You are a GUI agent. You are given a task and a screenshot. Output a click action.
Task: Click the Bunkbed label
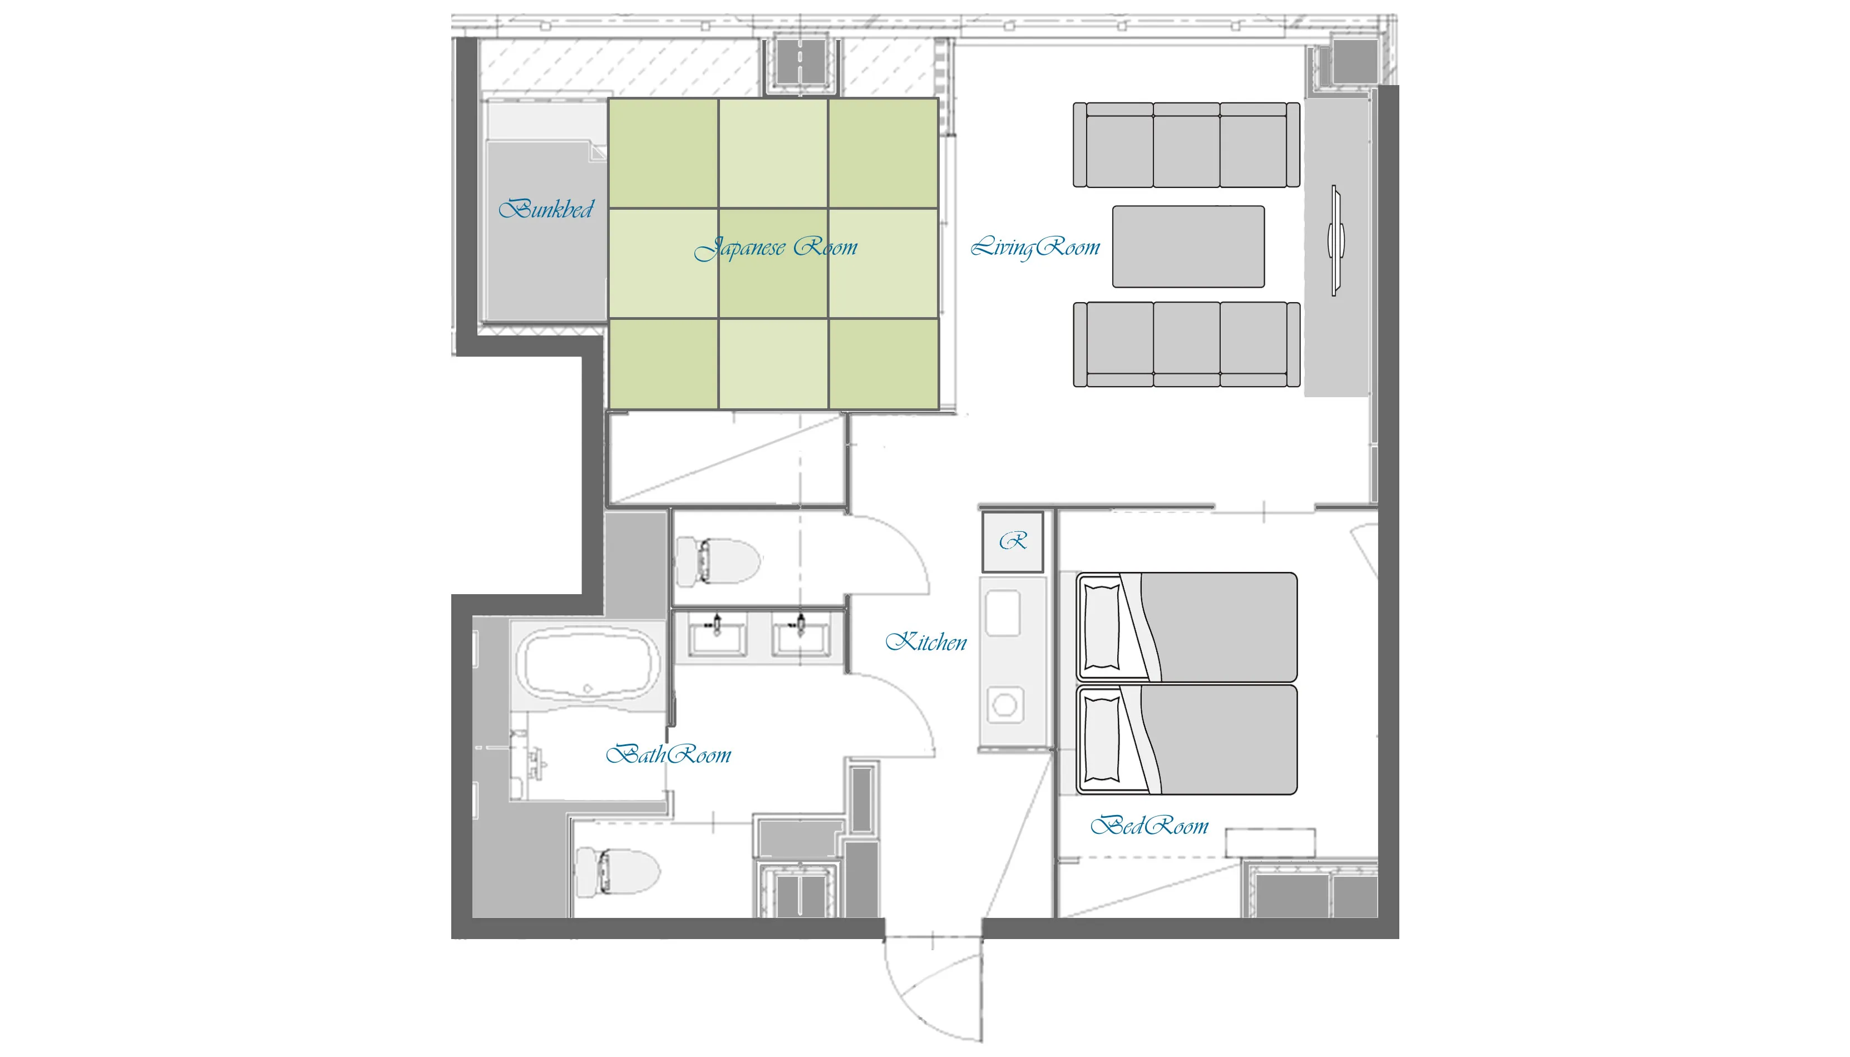tap(546, 209)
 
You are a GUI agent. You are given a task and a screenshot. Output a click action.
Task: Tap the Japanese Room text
tap(776, 248)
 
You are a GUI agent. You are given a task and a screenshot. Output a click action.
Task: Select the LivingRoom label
tap(1035, 248)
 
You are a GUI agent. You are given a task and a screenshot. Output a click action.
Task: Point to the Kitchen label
tap(926, 642)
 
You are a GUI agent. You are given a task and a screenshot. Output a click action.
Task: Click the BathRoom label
tap(668, 754)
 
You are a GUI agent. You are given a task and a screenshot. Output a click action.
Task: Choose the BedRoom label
tap(1150, 826)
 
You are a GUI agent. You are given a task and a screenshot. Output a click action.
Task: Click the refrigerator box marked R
tap(1013, 541)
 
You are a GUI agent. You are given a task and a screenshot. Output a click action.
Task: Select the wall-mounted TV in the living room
tap(1336, 240)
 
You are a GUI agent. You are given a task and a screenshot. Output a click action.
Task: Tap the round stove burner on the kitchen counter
tap(1005, 704)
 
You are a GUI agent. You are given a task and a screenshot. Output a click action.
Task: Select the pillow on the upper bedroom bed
tap(1102, 626)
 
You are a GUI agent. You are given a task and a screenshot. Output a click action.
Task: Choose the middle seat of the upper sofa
tap(1186, 145)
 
